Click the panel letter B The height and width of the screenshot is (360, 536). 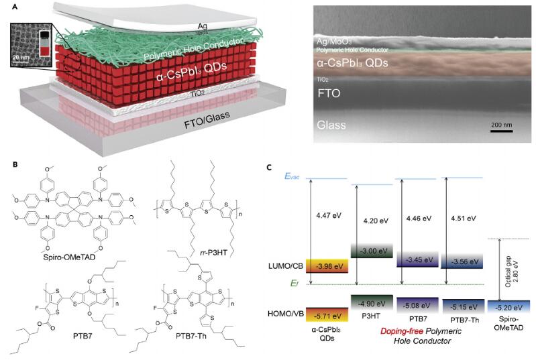tap(7, 163)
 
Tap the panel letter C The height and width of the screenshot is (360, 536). tap(269, 167)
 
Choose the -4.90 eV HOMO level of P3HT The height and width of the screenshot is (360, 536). tap(373, 302)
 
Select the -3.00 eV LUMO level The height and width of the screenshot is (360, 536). tap(373, 251)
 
